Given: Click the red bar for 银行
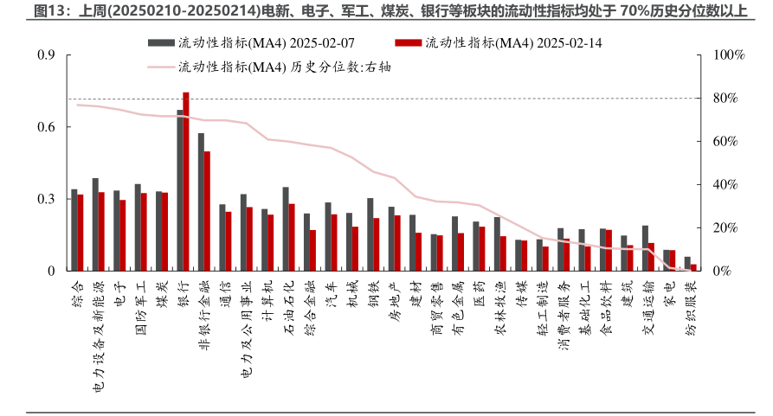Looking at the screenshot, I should pos(186,182).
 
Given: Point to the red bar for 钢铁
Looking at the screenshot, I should pos(377,245).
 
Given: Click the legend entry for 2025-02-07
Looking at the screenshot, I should pos(251,42).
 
